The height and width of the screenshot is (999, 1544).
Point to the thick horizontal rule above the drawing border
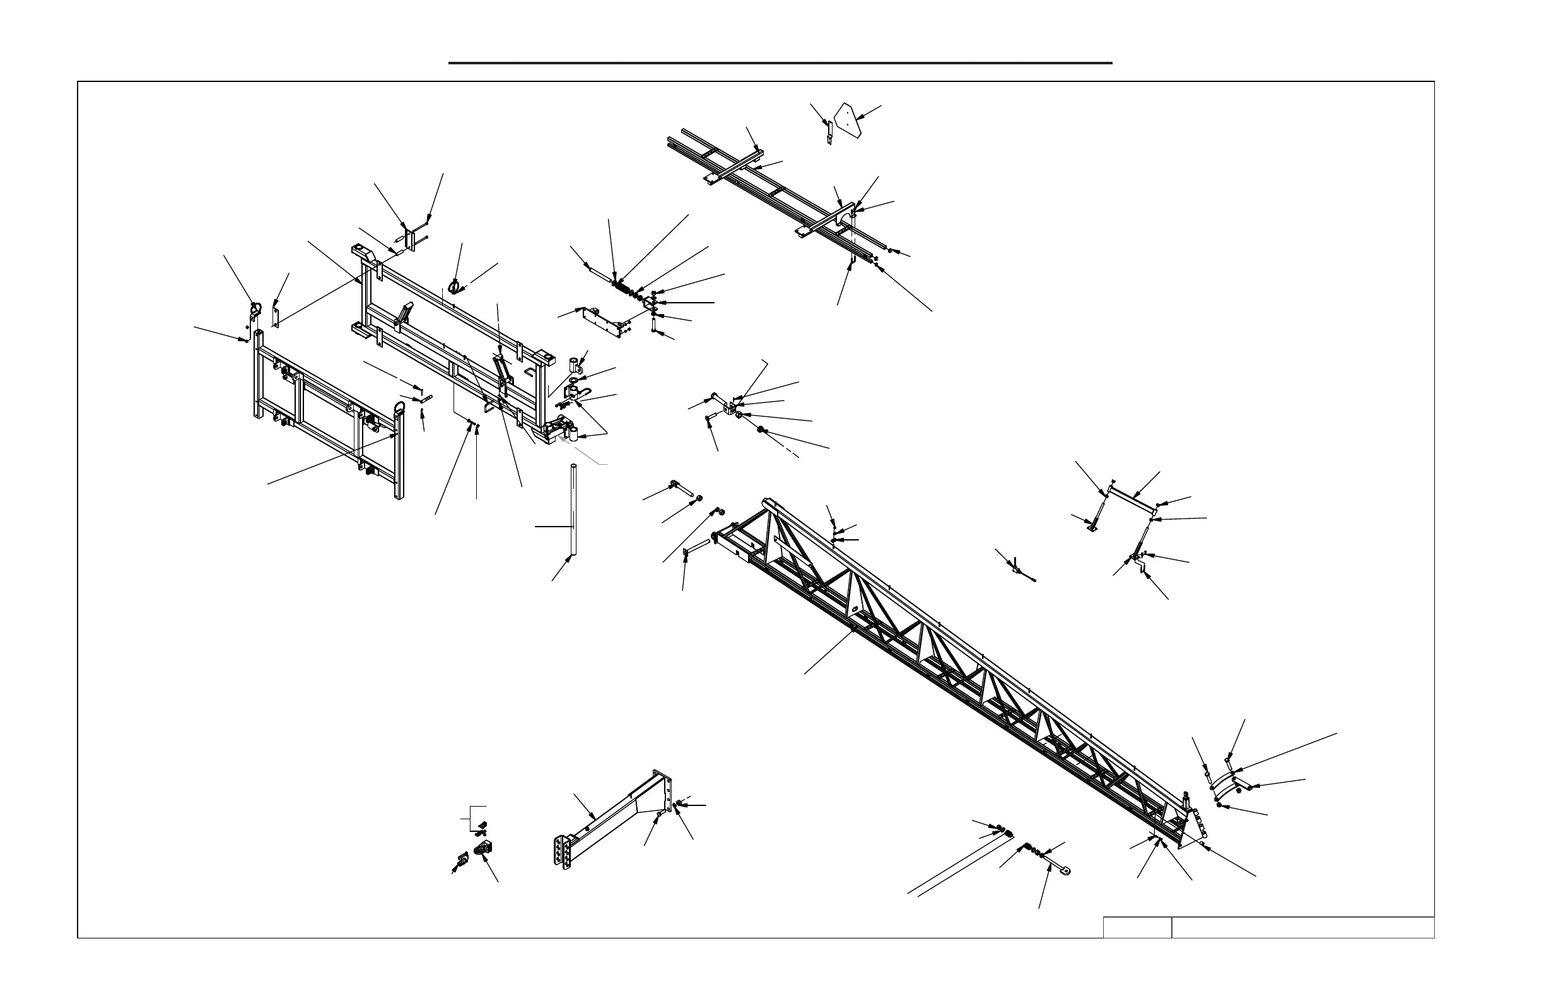pos(780,63)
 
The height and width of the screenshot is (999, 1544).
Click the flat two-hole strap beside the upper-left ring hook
pos(275,316)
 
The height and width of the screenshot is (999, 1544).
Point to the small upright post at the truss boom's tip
pos(1186,802)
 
